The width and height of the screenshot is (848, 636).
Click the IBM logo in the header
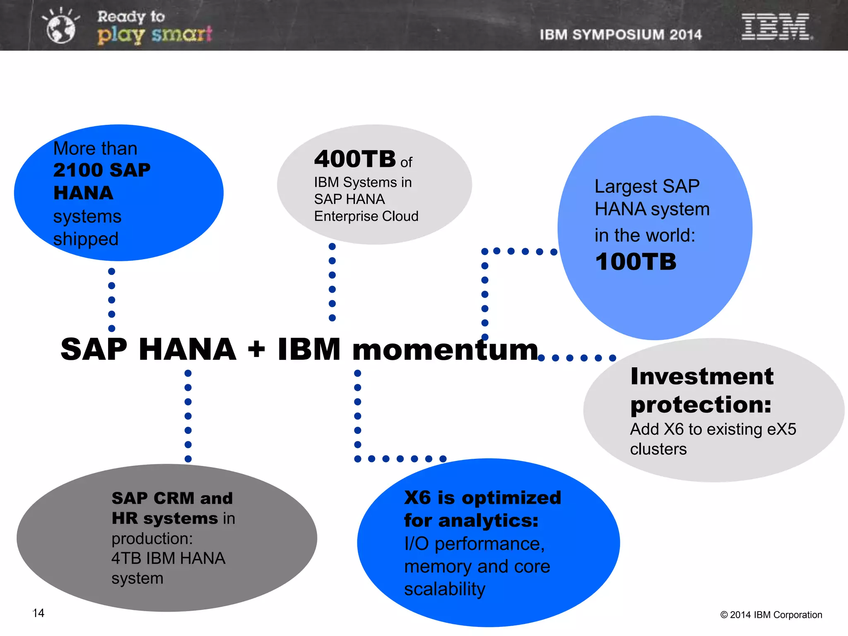776,26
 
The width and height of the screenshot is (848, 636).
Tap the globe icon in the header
61,28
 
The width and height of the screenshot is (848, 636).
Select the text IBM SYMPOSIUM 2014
620,35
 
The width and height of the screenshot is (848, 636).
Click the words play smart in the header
154,34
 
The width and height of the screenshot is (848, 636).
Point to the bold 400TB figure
355,159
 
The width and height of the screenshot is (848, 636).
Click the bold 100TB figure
636,262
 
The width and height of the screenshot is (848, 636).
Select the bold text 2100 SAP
102,170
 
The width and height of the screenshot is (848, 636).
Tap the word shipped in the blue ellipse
86,239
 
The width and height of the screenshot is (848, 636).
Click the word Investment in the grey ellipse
702,376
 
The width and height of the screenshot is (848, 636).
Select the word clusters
658,449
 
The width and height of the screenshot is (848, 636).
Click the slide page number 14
39,613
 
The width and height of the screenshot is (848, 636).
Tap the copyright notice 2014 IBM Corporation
771,615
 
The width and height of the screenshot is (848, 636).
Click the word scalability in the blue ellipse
445,589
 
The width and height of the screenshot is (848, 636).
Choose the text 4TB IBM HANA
168,559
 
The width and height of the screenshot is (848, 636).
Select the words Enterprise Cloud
366,216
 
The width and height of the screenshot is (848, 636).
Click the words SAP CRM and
172,498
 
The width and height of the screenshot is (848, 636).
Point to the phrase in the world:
645,235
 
